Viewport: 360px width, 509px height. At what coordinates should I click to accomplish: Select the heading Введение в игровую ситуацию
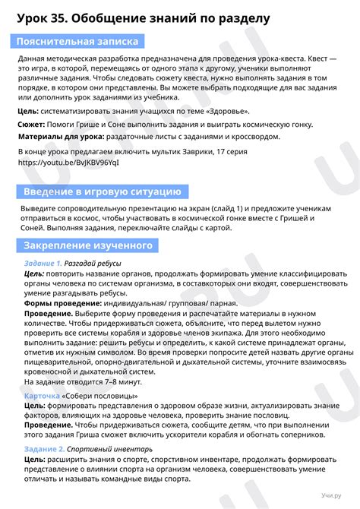(x=101, y=191)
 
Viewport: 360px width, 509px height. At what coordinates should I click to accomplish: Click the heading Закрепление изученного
(x=88, y=245)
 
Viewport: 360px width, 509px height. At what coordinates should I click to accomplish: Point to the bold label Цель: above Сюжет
(x=28, y=111)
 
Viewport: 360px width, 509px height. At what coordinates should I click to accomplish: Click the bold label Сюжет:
(x=32, y=124)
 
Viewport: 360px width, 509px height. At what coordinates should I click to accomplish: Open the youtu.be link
(x=68, y=163)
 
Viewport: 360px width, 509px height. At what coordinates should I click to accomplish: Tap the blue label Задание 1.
(x=43, y=263)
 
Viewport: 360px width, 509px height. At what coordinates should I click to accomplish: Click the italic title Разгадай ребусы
(x=96, y=263)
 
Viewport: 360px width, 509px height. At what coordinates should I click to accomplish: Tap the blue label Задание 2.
(x=43, y=449)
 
